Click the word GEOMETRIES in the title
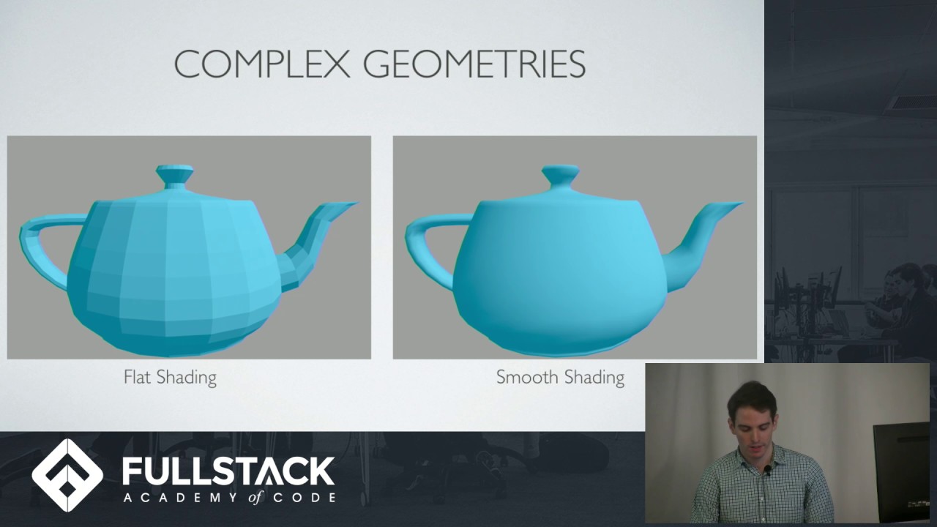tap(474, 64)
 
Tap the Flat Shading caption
tap(170, 378)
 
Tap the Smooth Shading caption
tap(560, 378)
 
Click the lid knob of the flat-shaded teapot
tap(175, 176)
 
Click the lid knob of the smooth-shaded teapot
tap(561, 176)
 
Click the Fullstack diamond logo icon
tap(67, 475)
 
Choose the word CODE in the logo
tap(305, 498)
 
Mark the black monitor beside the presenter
tap(901, 468)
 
